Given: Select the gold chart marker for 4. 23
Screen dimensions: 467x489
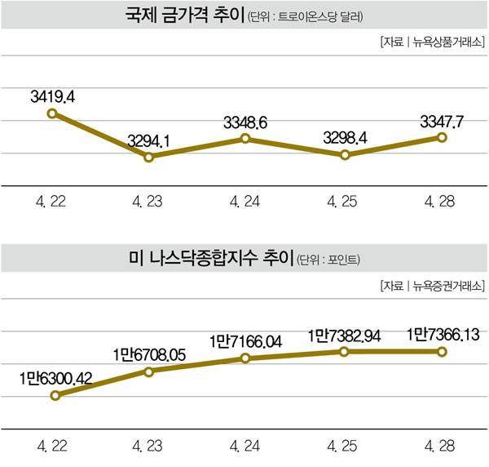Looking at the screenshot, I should point(149,156).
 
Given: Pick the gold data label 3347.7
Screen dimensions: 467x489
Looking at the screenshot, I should point(441,122).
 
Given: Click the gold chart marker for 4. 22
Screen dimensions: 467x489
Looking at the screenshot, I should point(52,113).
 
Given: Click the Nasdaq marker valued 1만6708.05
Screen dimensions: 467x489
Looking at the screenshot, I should point(149,371).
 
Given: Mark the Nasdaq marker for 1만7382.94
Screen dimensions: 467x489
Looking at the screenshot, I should point(344,352).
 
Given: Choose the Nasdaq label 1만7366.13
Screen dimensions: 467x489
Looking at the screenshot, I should point(441,335).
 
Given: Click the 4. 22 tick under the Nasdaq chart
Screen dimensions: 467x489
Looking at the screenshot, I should point(52,447).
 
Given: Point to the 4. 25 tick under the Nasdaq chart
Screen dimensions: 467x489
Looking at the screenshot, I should point(344,447).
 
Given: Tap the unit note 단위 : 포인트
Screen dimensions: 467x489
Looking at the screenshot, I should point(329,261).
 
